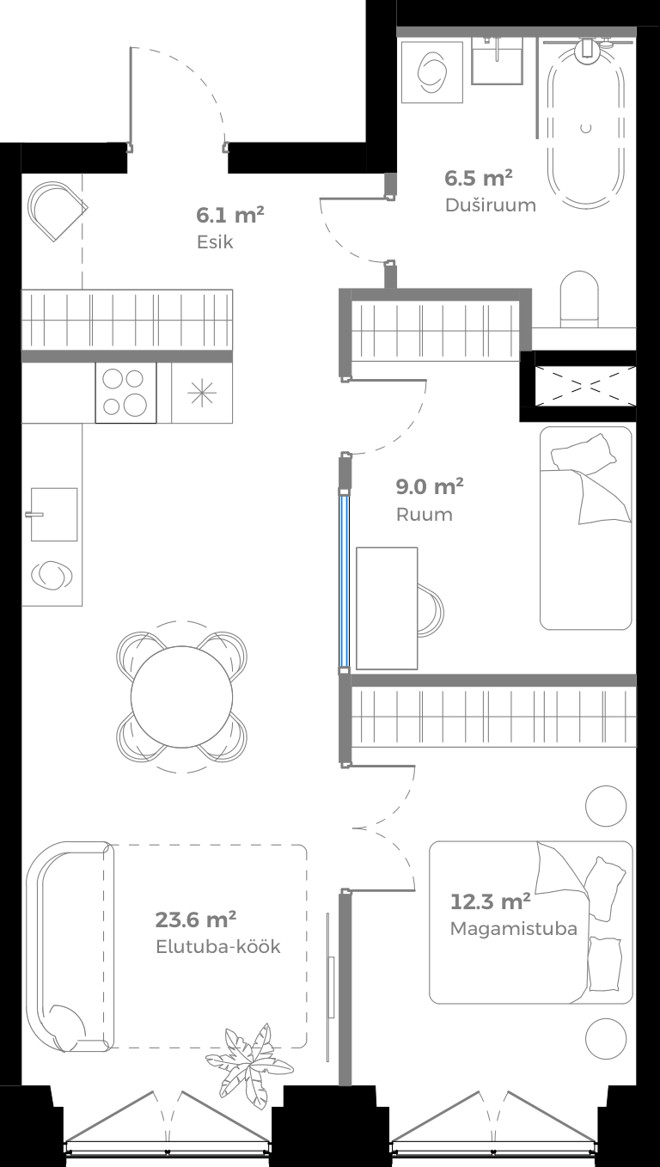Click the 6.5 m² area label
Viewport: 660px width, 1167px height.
point(478,179)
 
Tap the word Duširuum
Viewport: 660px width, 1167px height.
point(490,205)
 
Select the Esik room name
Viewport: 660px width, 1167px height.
point(214,242)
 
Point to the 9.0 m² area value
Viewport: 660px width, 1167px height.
point(429,487)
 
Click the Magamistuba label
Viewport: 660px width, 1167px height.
point(513,929)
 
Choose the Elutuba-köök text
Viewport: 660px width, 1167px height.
point(217,947)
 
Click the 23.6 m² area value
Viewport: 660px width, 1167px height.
point(196,920)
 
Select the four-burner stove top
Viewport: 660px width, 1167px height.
point(125,393)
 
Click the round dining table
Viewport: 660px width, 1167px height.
point(182,696)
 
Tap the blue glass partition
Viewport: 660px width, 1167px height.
point(344,580)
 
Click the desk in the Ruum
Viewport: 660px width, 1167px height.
point(387,608)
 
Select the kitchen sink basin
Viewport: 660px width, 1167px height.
point(54,514)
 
